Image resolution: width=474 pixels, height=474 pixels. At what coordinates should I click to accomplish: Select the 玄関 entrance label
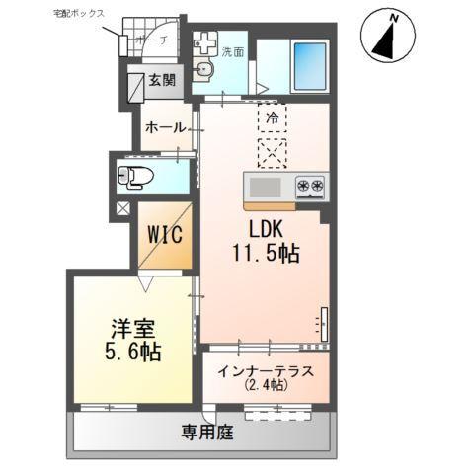coord(162,82)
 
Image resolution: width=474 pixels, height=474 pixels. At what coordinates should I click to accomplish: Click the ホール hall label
coord(163,128)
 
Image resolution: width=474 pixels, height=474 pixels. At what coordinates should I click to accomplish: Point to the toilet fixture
coord(135,177)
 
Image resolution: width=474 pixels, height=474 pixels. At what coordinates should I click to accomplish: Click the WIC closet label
coord(164,235)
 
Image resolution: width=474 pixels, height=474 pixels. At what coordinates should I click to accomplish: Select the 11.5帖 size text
coord(265,253)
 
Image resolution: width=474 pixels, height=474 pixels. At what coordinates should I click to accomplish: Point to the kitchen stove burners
coord(310,185)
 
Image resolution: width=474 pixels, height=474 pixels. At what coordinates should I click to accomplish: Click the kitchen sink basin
coord(265,187)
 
